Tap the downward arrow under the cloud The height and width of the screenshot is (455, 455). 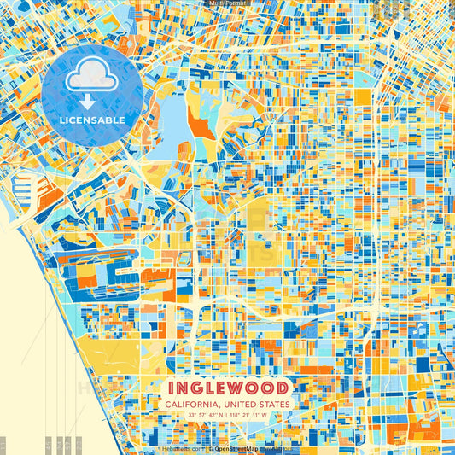(x=86, y=100)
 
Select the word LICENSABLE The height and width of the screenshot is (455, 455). (x=92, y=120)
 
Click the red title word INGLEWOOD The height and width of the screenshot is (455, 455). (x=227, y=387)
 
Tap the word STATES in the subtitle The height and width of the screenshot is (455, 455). (x=277, y=404)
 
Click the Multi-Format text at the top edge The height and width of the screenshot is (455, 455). (x=227, y=3)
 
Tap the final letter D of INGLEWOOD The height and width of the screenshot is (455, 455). (x=283, y=387)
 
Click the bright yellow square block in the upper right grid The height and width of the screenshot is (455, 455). (x=363, y=96)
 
